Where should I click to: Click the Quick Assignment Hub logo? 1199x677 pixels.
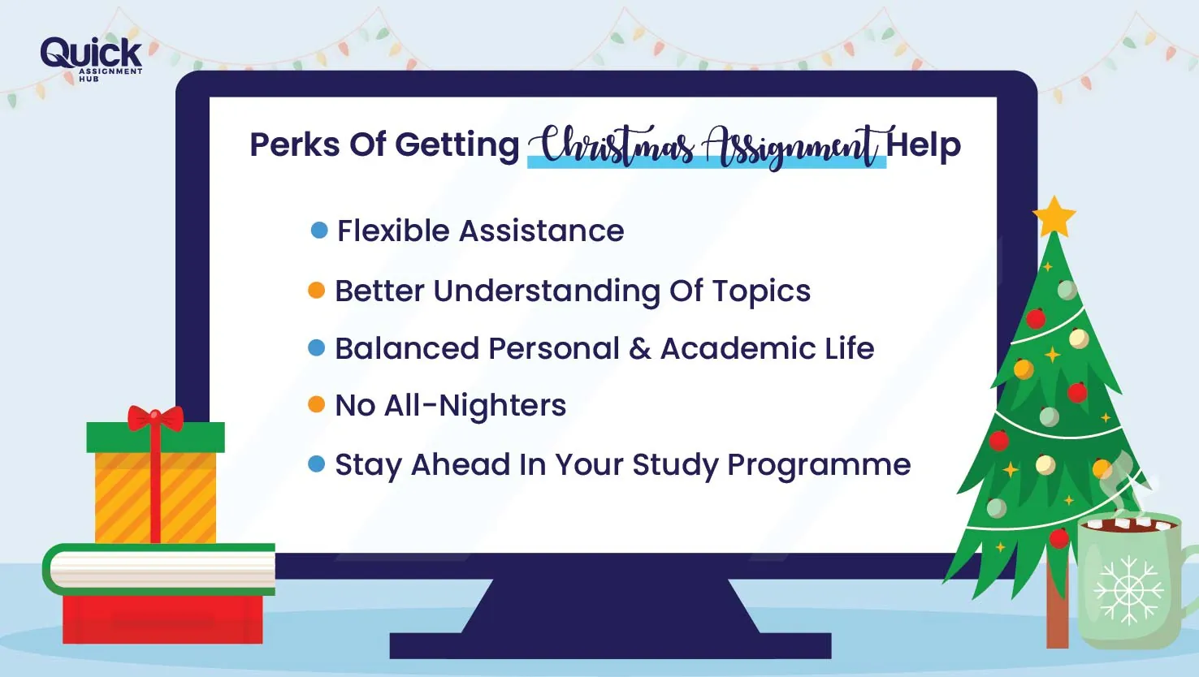(x=91, y=58)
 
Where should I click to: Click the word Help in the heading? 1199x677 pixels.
(x=924, y=145)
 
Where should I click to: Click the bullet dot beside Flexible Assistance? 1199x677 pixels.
(x=319, y=231)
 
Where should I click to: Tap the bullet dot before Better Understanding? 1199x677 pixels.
(x=317, y=291)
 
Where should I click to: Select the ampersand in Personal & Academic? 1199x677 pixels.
(x=640, y=349)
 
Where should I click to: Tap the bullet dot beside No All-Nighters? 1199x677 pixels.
(x=317, y=405)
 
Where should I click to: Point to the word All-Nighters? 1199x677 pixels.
(x=475, y=405)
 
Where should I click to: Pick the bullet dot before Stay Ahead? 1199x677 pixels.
(x=317, y=464)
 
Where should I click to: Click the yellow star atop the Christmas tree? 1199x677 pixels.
(x=1054, y=217)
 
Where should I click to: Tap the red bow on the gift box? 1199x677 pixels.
(x=155, y=418)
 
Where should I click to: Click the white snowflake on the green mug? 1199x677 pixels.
(x=1128, y=589)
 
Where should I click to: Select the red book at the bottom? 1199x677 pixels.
(x=162, y=619)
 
